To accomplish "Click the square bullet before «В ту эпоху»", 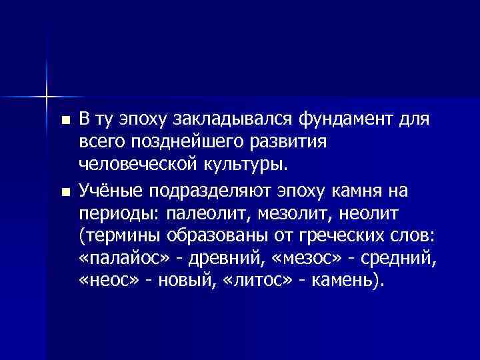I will point(64,121).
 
